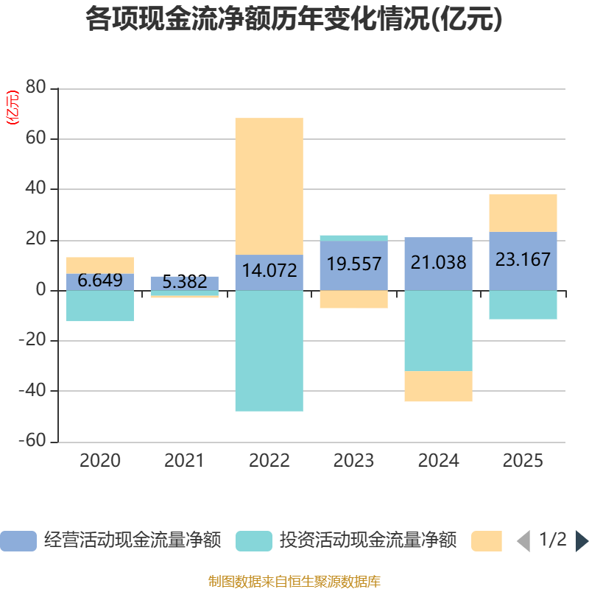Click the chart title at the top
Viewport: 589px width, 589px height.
point(294,20)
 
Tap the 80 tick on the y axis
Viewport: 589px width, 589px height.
point(36,88)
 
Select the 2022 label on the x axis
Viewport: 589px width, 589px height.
point(269,462)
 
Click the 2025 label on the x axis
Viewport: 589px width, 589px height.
point(523,462)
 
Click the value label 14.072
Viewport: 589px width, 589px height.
point(269,270)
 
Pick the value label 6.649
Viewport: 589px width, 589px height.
point(100,281)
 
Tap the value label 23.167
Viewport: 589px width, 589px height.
point(523,260)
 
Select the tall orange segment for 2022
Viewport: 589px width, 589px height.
point(269,186)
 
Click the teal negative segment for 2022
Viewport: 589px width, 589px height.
point(269,350)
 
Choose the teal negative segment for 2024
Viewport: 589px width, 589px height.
point(439,331)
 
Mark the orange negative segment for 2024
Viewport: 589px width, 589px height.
point(439,387)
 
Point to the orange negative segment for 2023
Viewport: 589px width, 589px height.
point(353,299)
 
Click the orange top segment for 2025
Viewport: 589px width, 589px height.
point(523,213)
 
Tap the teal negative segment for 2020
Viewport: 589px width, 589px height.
point(100,306)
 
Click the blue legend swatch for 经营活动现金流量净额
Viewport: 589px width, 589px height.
point(18,541)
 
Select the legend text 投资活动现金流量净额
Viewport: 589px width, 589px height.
point(367,540)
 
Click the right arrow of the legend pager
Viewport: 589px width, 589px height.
point(582,541)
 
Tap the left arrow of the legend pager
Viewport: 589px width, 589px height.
point(523,541)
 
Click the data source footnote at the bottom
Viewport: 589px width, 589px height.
point(294,581)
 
